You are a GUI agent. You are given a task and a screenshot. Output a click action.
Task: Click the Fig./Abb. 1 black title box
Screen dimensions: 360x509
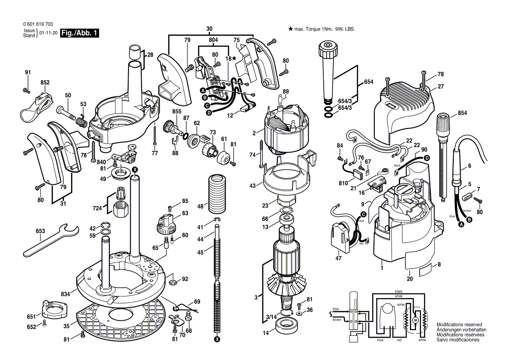coord(80,33)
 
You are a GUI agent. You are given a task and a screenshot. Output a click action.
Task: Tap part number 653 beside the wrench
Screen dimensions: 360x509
coord(41,231)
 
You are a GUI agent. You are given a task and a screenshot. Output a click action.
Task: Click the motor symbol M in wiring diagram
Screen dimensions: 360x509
coord(415,320)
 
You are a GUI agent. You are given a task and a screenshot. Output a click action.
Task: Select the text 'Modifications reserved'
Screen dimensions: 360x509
coord(459,325)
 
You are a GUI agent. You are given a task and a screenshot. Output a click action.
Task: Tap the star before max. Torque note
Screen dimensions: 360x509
coord(290,29)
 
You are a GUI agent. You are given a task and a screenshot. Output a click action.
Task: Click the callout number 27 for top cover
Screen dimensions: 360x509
coord(441,87)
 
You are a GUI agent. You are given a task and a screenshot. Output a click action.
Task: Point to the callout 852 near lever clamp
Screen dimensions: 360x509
coord(45,82)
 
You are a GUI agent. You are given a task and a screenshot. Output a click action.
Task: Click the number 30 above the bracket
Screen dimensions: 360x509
coord(209,29)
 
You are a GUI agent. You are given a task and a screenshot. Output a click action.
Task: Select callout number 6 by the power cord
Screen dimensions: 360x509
coord(470,166)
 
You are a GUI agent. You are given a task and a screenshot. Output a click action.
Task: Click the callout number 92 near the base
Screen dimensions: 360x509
coord(185,279)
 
